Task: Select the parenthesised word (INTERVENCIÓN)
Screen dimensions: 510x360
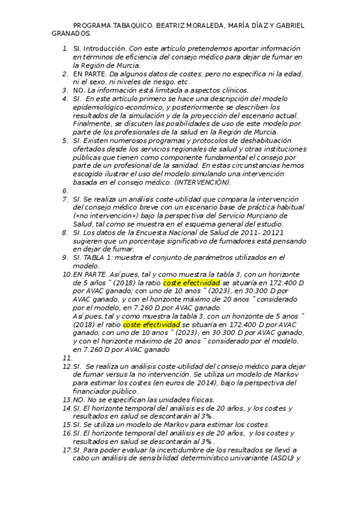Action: tap(202, 182)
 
